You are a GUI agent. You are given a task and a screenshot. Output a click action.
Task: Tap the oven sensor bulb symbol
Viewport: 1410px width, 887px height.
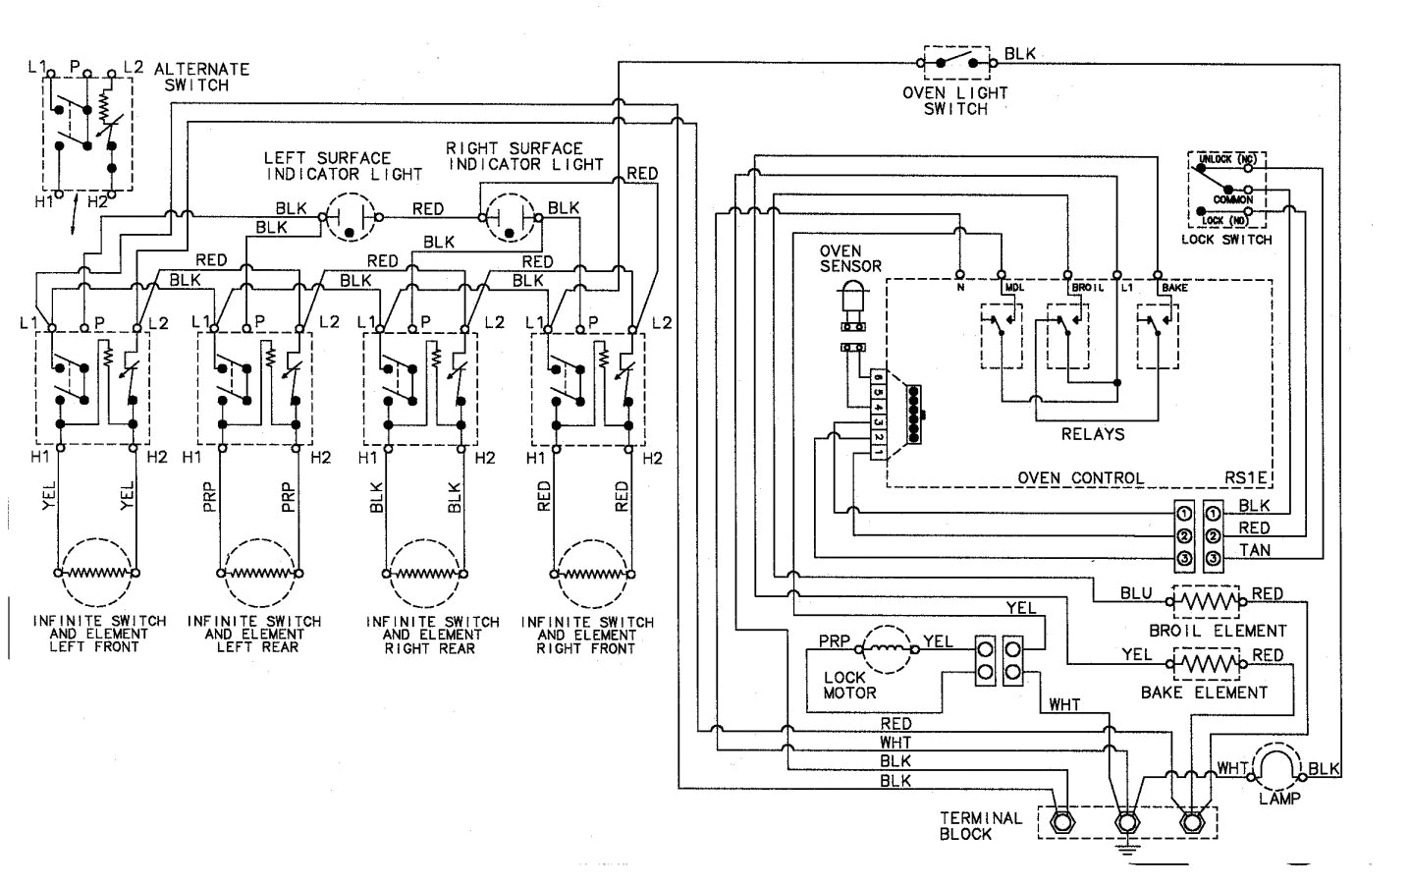[852, 300]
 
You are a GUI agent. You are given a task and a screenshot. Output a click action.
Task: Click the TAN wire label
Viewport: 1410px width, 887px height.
[1255, 550]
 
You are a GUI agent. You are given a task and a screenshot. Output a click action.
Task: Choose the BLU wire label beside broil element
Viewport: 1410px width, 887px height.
[1137, 594]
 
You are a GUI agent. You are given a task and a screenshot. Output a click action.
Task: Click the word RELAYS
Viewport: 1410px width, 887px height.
[1093, 433]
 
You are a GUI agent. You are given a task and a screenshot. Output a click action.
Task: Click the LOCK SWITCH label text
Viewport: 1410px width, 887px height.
[1225, 239]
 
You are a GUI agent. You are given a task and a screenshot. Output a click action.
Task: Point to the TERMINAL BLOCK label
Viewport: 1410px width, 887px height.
[980, 825]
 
